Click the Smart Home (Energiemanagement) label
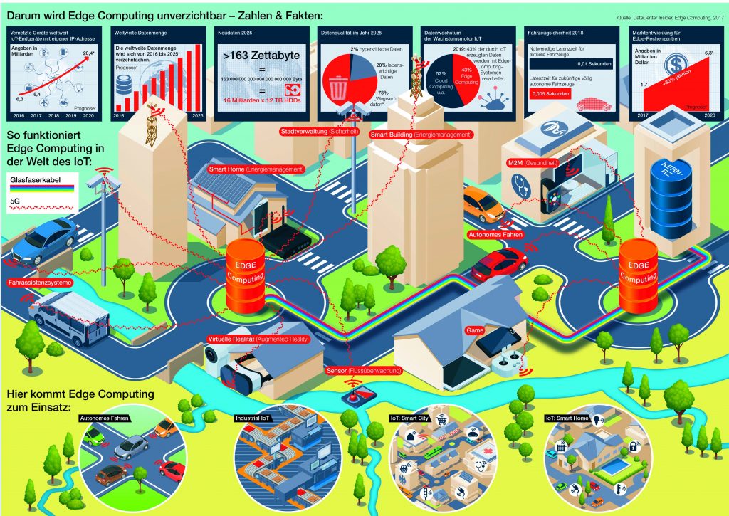pos(256,169)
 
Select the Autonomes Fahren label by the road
pos(497,233)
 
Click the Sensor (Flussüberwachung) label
pos(364,371)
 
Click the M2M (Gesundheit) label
pos(541,162)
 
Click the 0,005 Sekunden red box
pos(549,93)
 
